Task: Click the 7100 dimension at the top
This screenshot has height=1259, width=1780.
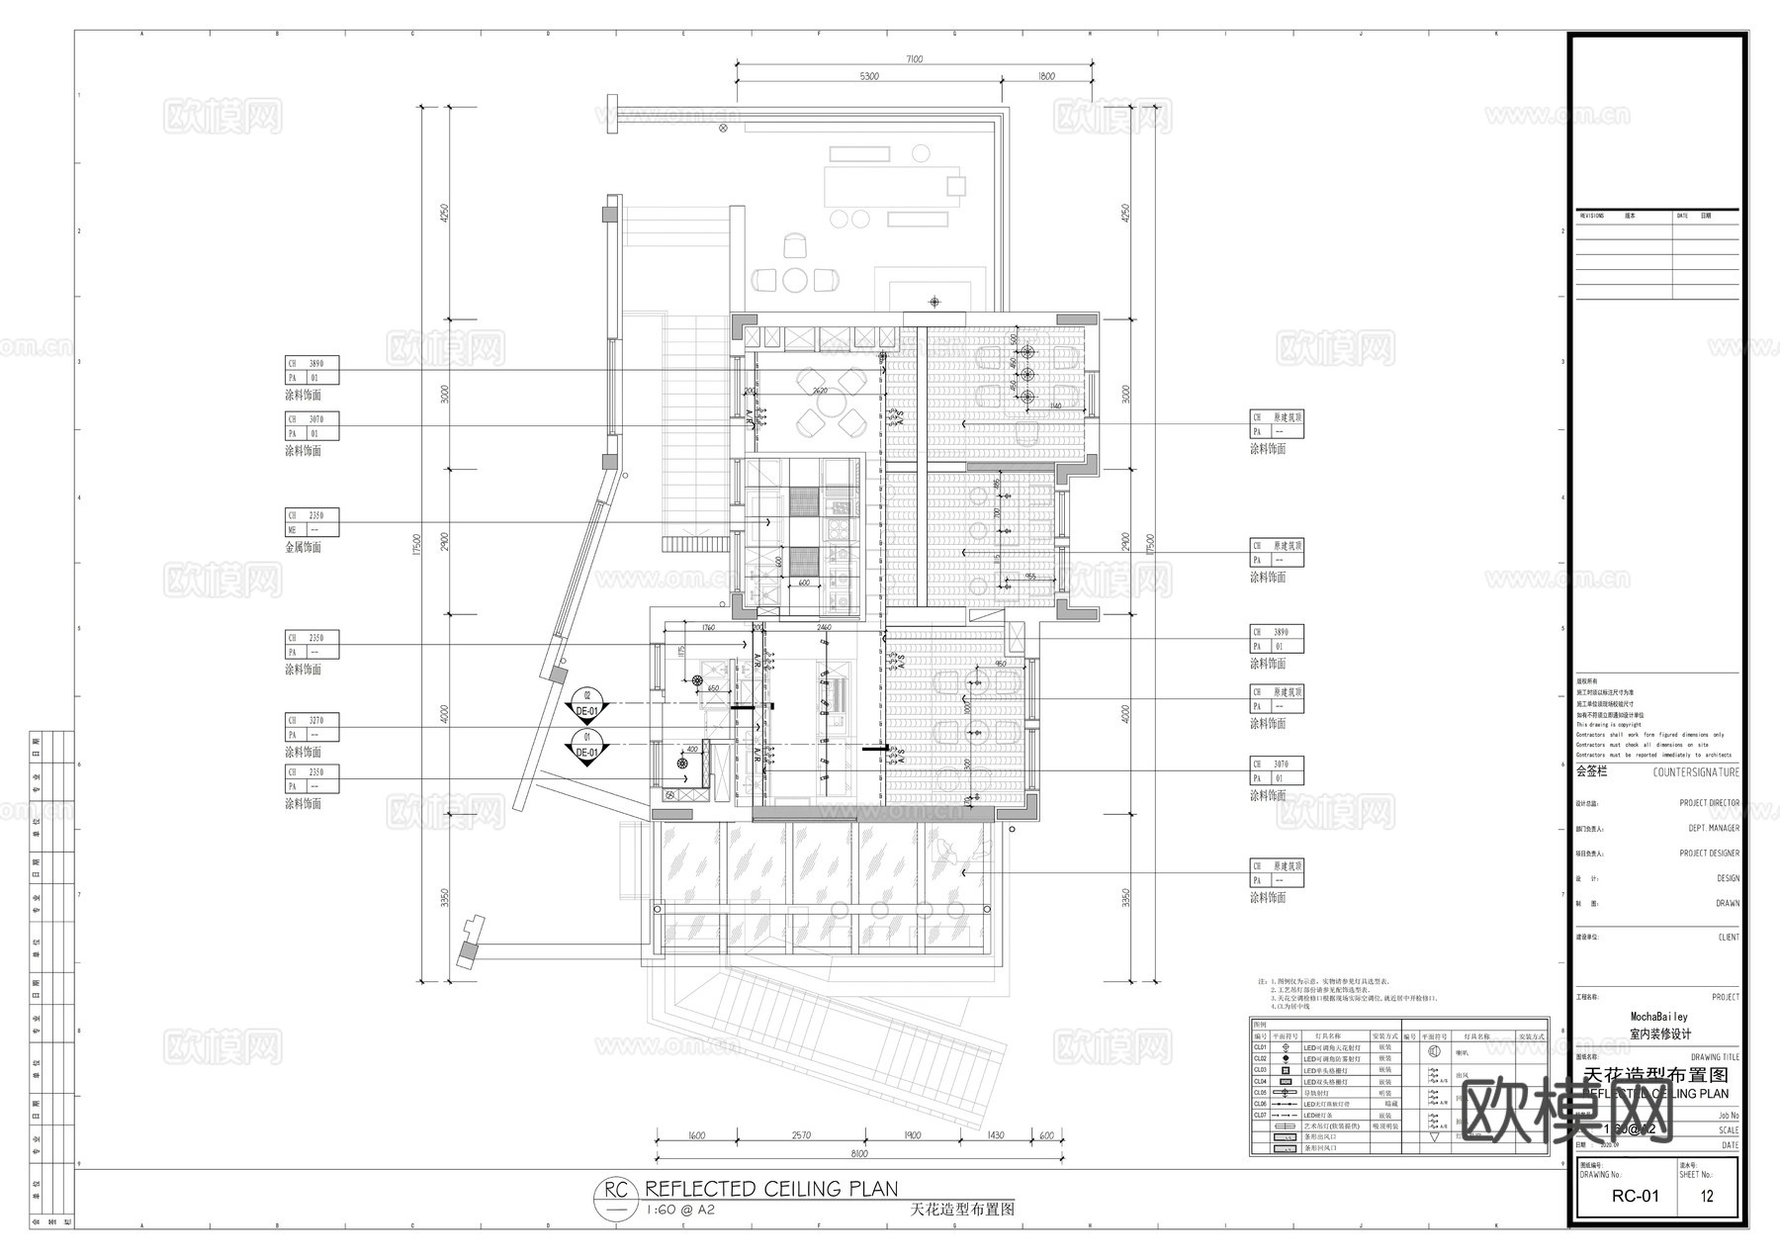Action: (914, 59)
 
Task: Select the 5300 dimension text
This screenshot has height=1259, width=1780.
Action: (868, 76)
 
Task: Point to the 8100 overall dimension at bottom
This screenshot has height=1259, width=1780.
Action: (858, 1153)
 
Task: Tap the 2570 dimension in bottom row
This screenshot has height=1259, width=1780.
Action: (801, 1135)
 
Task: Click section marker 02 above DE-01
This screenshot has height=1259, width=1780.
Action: (586, 695)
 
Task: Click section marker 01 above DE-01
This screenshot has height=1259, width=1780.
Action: (586, 737)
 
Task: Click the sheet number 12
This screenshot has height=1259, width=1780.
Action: (1707, 1196)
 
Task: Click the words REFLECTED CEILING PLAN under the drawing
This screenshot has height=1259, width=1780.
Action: (771, 1189)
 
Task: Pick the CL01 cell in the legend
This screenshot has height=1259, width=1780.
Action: (1260, 1047)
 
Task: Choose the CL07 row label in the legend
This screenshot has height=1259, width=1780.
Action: (1260, 1116)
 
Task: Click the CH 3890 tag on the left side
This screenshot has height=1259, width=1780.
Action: (311, 364)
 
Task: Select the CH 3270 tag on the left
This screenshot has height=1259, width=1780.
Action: (311, 721)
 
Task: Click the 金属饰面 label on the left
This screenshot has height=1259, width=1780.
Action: (304, 547)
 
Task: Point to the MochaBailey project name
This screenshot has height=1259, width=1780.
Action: (1659, 1017)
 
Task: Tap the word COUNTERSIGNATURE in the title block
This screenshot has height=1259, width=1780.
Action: (1695, 772)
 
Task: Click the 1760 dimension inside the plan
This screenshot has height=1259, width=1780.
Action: (707, 628)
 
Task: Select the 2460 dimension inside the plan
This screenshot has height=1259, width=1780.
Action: (824, 628)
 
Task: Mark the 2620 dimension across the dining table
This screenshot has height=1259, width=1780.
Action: (819, 392)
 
